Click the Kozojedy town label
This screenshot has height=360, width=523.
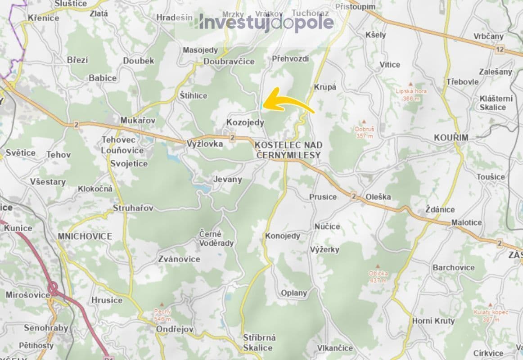pos(245,122)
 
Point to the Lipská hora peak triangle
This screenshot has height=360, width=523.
pos(410,84)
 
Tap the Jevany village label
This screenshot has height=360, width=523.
pos(227,179)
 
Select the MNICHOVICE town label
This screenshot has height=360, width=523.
pos(85,236)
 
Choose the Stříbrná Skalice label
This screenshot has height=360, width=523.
pos(259,342)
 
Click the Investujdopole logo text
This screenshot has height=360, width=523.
pos(266,23)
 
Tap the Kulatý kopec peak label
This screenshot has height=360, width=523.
pos(491,315)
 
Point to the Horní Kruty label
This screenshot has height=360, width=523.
pos(433,321)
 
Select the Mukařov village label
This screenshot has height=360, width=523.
pos(138,121)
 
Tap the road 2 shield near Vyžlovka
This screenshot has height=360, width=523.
pos(232,137)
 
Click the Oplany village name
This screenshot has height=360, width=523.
pos(294,293)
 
